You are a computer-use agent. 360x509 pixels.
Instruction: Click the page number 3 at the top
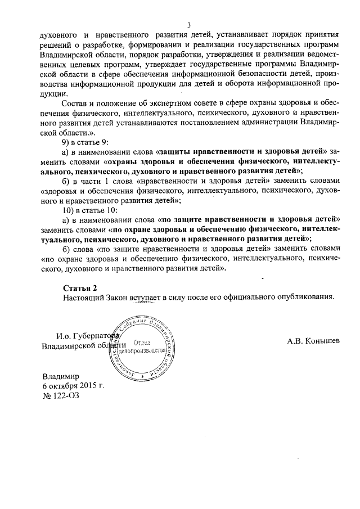pos(189,25)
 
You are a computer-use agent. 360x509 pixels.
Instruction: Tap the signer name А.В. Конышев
pos(313,341)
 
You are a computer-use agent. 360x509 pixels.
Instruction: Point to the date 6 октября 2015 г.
pos(73,386)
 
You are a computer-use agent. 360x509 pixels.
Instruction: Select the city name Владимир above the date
pos(61,376)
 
